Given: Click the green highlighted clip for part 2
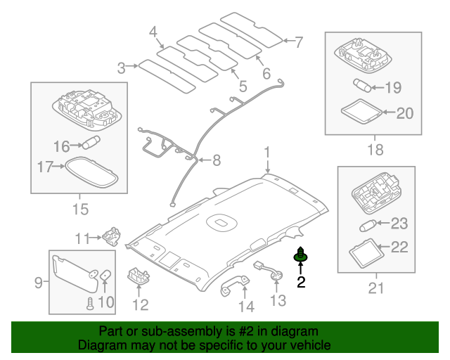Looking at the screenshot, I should [x=300, y=256].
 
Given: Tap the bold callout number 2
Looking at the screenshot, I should [x=301, y=283].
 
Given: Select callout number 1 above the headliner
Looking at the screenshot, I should [x=267, y=153].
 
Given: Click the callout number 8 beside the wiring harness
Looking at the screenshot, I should [x=216, y=161].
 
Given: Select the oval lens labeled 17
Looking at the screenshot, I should [x=89, y=171].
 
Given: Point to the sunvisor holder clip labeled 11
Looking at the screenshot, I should [x=110, y=233].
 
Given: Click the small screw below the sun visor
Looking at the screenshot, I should [x=90, y=302].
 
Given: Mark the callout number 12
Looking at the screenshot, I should [x=141, y=305].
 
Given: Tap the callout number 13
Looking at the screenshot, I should [x=278, y=301].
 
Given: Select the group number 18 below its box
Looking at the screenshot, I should [x=375, y=149].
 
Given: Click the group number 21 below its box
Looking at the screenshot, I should [x=376, y=288].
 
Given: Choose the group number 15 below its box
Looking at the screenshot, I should [x=80, y=210].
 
